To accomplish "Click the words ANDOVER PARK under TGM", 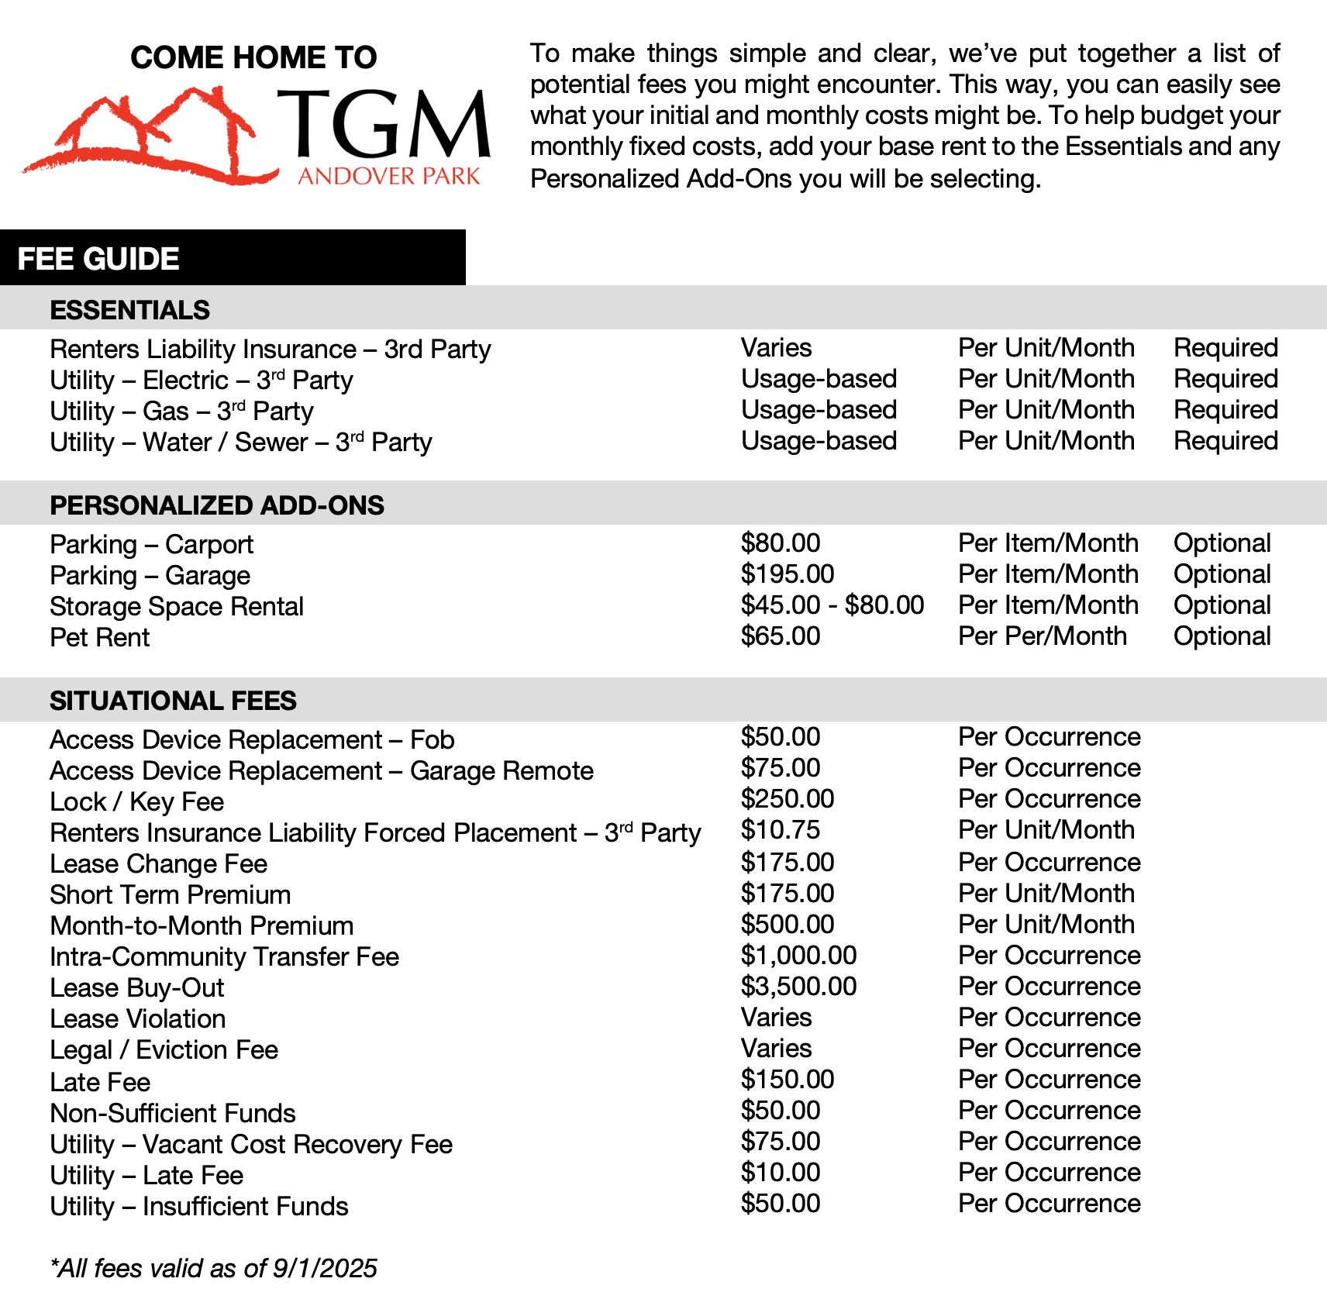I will click(389, 177).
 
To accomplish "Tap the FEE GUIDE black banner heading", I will click(98, 259).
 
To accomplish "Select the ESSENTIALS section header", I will click(129, 310).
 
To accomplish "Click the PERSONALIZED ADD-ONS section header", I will click(217, 505).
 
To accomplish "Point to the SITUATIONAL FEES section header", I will click(173, 701).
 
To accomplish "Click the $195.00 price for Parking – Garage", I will click(787, 574).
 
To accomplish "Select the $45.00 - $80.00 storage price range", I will click(832, 605).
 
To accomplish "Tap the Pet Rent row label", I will click(100, 638).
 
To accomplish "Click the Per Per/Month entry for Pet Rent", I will click(1042, 636).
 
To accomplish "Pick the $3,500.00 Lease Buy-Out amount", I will click(798, 987).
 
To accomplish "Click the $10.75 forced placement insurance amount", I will click(780, 830).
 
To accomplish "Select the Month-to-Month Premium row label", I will click(202, 926).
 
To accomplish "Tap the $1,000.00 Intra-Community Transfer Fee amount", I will click(798, 956).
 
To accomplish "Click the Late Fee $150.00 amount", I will click(787, 1080).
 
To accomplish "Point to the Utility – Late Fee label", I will click(146, 1176).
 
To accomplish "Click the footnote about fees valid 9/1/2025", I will click(213, 1269).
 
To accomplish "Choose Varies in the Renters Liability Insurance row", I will click(776, 348).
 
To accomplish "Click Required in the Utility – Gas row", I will click(1225, 410).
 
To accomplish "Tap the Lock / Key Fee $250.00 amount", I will click(787, 799).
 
